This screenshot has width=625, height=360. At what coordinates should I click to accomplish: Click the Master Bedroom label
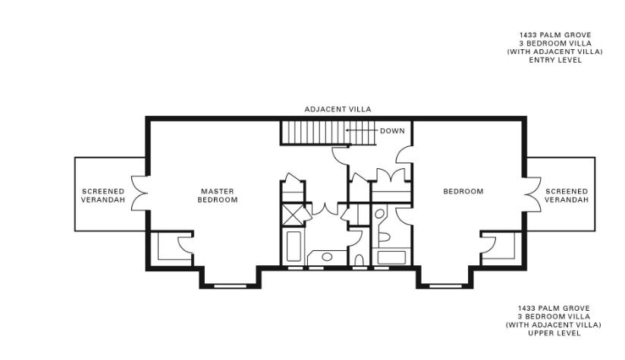point(218,196)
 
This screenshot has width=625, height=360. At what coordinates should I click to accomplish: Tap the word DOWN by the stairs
point(392,130)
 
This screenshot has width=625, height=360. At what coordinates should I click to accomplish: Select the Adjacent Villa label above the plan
point(338,109)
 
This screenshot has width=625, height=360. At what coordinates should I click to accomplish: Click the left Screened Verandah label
point(103,196)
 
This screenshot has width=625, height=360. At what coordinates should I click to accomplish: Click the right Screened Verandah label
point(567,196)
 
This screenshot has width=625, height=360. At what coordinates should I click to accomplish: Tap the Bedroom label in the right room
point(463,191)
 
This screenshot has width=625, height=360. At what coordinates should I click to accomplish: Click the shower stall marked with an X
point(293,215)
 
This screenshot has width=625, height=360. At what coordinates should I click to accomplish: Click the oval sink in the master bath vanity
point(327,257)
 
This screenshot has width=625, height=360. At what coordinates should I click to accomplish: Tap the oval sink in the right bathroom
point(380,214)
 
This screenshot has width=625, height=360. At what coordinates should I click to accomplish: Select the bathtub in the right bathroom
point(391,257)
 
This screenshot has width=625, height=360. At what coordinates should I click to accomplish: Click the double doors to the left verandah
point(140,193)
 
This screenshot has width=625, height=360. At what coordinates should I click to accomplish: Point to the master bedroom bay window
point(231,286)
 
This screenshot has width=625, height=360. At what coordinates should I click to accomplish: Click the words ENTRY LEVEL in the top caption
point(555,60)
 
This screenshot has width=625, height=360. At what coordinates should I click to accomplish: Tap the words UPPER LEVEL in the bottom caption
point(554,333)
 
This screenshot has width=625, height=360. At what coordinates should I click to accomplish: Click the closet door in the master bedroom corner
point(185,245)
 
